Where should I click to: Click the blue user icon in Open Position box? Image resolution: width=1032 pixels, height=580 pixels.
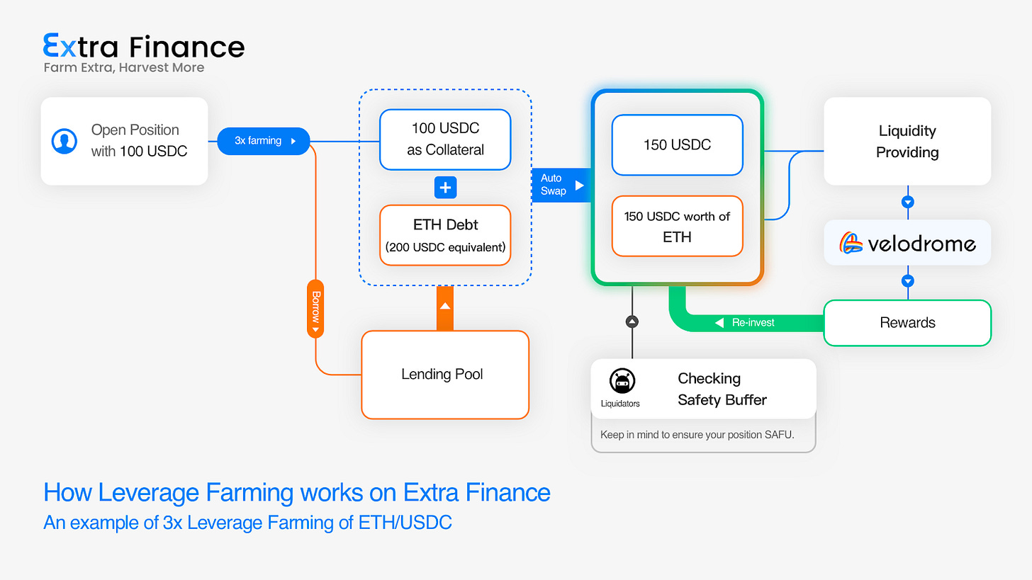(x=64, y=141)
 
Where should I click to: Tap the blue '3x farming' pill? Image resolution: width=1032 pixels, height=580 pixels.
(x=263, y=141)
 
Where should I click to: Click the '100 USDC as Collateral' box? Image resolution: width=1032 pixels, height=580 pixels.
(x=445, y=140)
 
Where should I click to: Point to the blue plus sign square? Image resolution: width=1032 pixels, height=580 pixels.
(x=445, y=188)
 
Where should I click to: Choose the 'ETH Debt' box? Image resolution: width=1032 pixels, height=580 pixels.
(x=445, y=235)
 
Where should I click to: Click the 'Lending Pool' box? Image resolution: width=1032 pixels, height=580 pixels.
(x=445, y=374)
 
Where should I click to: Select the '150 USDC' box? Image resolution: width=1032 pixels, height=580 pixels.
(x=677, y=145)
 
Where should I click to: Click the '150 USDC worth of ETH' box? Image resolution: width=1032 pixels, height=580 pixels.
(x=677, y=226)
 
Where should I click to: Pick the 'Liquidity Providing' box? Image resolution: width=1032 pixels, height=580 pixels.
(x=907, y=141)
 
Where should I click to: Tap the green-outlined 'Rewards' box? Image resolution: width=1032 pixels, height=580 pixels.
(x=907, y=323)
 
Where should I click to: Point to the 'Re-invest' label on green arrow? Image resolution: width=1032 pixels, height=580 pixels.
(x=753, y=323)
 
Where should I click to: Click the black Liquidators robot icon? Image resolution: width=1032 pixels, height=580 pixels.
(x=622, y=382)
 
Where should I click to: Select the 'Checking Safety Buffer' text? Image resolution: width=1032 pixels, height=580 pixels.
(x=722, y=389)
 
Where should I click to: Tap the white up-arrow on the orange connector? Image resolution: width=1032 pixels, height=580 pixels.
(x=445, y=306)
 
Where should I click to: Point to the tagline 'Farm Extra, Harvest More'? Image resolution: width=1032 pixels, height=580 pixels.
(x=123, y=68)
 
